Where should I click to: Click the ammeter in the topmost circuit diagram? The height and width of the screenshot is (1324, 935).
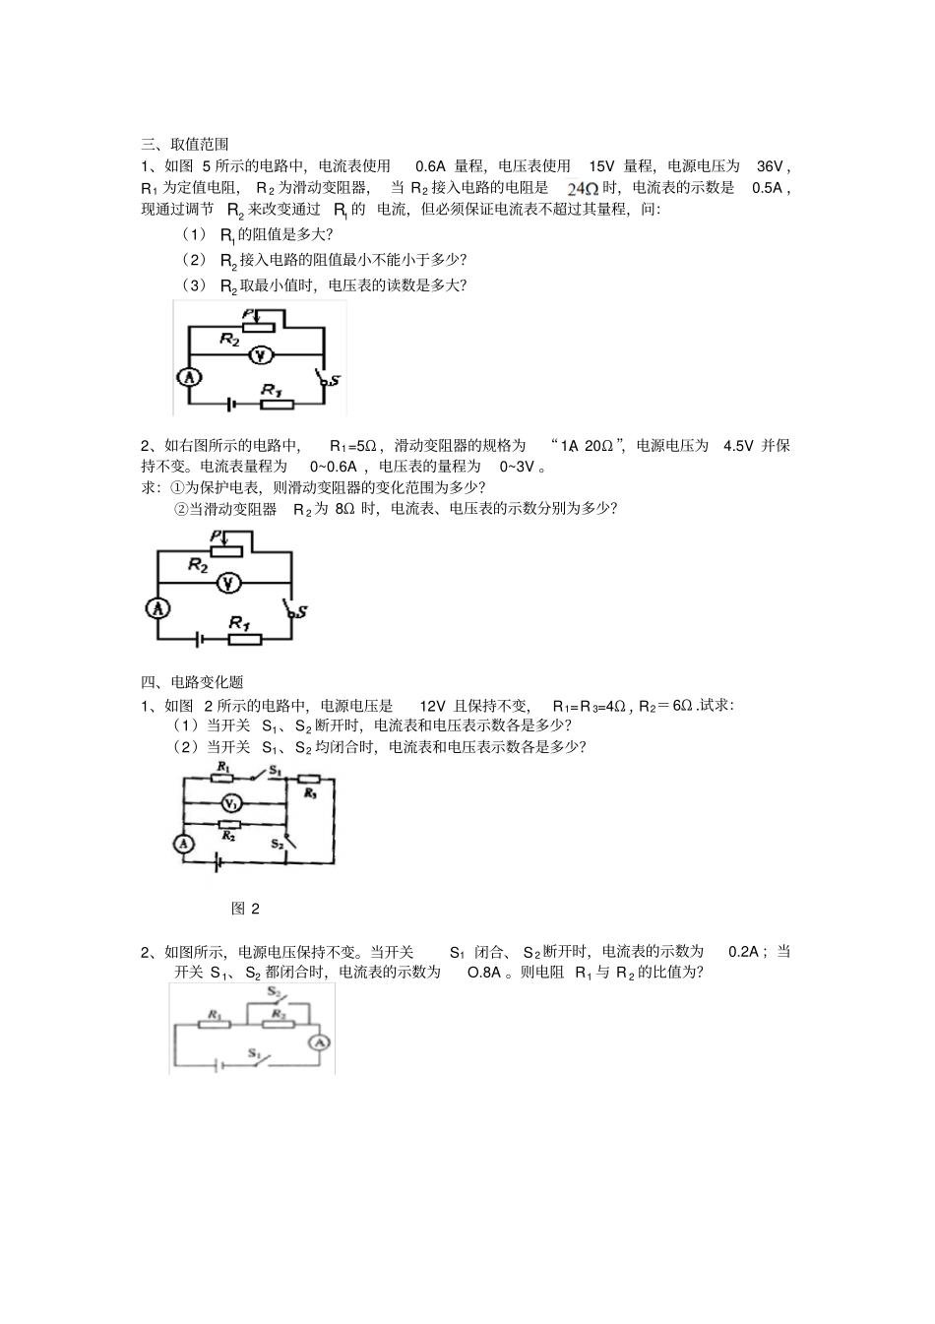tap(188, 377)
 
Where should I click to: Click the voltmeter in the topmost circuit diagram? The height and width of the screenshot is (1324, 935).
tap(259, 355)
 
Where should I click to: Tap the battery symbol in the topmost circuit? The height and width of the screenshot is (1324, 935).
tap(230, 404)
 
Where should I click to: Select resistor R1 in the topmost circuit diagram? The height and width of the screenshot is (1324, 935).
tap(278, 404)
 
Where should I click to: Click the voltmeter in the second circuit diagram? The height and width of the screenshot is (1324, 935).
tap(227, 584)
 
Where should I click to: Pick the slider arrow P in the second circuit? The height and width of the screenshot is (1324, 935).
tap(224, 537)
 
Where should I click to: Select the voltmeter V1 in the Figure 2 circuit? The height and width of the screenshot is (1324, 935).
tap(226, 803)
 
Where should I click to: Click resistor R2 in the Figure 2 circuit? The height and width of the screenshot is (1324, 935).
tap(228, 824)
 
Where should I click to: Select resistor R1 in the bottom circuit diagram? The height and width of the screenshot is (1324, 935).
tap(216, 1024)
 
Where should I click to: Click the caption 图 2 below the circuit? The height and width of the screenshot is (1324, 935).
tap(245, 909)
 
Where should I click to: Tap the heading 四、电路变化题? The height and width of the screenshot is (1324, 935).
tap(192, 682)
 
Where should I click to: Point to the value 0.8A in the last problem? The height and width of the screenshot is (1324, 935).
tap(484, 973)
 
